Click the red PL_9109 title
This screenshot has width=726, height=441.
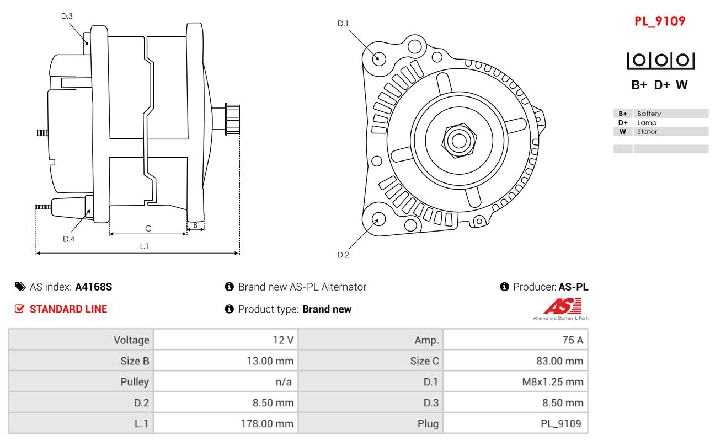tap(660, 21)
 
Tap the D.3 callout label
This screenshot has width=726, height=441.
tap(67, 16)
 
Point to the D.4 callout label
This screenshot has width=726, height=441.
tap(68, 239)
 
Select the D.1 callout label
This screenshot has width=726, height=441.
tap(343, 23)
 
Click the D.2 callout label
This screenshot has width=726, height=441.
tap(343, 255)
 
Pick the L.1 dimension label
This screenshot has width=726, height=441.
tap(144, 246)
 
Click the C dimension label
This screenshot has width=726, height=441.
tap(148, 228)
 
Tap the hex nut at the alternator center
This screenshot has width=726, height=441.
tap(458, 140)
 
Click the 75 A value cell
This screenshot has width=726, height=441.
tap(572, 340)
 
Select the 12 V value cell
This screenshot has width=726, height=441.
tap(283, 340)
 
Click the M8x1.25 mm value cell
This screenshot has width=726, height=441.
tap(553, 382)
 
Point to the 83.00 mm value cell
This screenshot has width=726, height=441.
tap(559, 361)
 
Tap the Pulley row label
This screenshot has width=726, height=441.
tap(135, 382)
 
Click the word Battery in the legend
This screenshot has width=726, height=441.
tap(649, 114)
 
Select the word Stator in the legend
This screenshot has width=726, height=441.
tap(647, 131)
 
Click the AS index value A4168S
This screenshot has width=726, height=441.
tap(94, 287)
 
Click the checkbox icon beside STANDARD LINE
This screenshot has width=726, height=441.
tap(19, 309)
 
